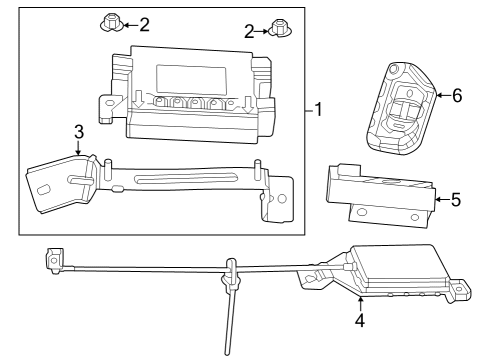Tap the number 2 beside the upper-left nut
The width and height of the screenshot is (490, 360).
pyautogui.click(x=144, y=23)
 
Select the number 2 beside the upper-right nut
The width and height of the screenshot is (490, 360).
pyautogui.click(x=249, y=32)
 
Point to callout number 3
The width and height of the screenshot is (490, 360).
pyautogui.click(x=79, y=130)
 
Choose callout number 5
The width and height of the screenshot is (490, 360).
pyautogui.click(x=455, y=200)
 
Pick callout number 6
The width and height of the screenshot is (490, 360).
pyautogui.click(x=457, y=96)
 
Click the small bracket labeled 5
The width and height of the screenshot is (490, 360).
pyautogui.click(x=380, y=196)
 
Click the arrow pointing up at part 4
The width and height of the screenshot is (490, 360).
pyautogui.click(x=359, y=303)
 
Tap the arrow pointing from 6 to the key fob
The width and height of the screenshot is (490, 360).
pyautogui.click(x=439, y=96)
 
